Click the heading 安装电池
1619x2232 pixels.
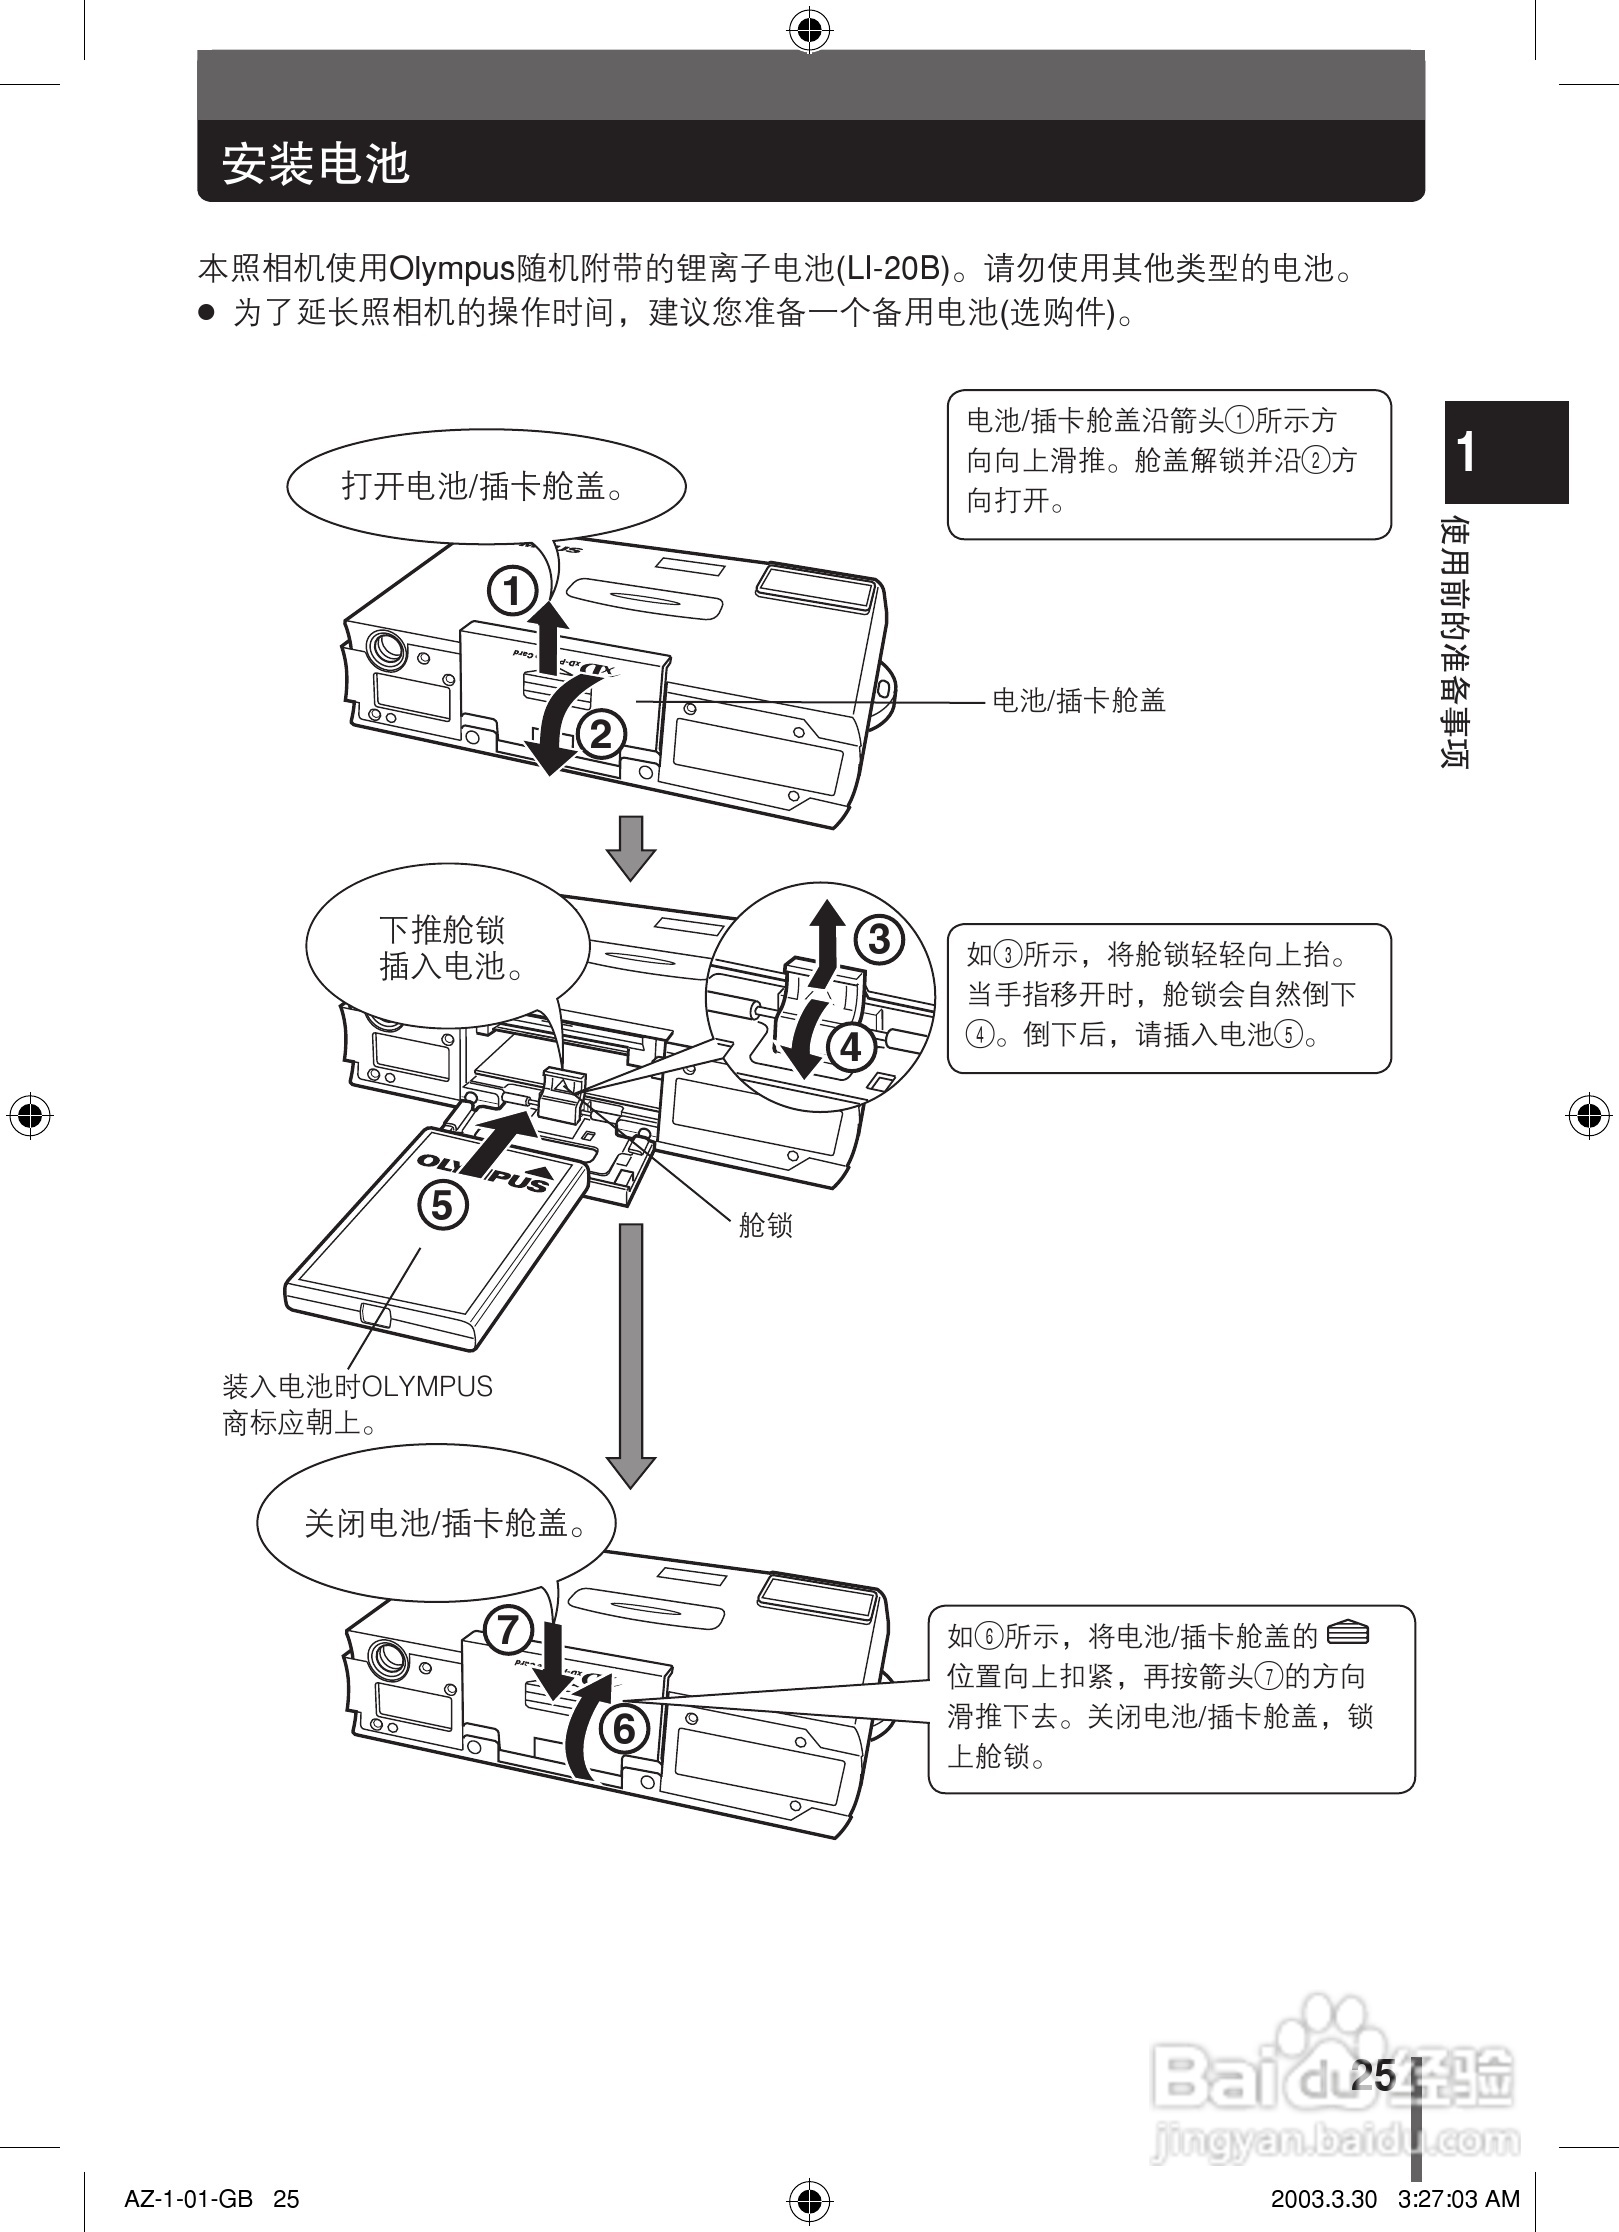[x=316, y=163]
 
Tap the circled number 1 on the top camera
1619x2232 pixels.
[x=512, y=592]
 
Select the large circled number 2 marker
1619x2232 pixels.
[x=601, y=735]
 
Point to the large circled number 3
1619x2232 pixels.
[x=879, y=939]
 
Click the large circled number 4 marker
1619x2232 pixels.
[x=851, y=1048]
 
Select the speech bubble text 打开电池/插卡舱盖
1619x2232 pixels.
[x=485, y=487]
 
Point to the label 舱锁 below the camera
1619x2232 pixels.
[x=765, y=1225]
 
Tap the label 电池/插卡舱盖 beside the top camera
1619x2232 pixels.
[x=1078, y=701]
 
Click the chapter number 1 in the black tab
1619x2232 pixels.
[x=1467, y=452]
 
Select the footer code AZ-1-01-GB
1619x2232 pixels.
[x=188, y=2198]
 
